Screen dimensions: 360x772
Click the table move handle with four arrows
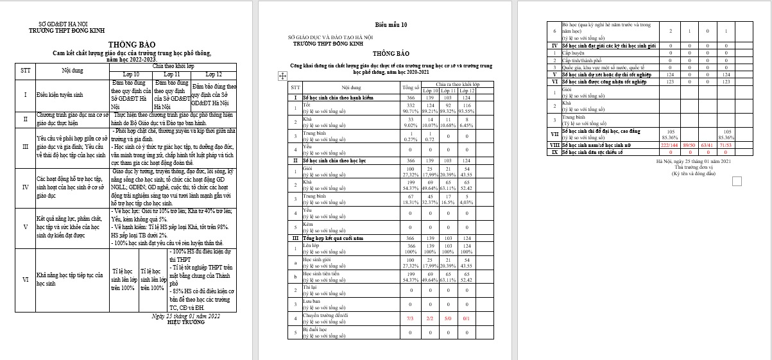coord(282,76)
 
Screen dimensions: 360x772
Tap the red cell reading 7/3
coord(410,318)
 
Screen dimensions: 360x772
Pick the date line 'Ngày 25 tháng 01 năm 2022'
coord(185,316)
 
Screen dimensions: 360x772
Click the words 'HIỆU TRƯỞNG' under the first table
coord(185,322)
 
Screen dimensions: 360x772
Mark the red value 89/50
coord(690,146)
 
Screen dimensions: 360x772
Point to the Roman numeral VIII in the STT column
coord(554,146)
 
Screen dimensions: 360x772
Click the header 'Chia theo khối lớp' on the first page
coord(173,66)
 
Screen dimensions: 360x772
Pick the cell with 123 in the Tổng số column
coord(670,81)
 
